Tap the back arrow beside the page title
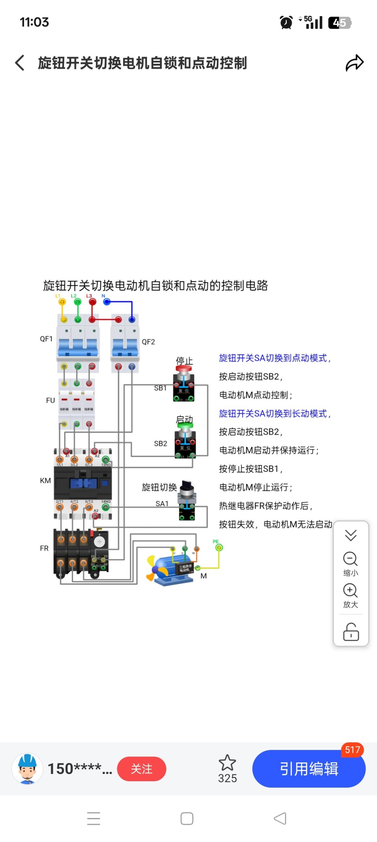(20, 62)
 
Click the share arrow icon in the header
(354, 63)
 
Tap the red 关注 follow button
(142, 769)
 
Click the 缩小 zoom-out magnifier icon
(350, 558)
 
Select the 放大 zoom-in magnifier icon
(350, 590)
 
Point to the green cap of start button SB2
(185, 425)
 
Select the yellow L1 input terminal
(62, 302)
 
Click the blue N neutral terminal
(107, 302)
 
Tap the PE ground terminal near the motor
(219, 547)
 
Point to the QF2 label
(148, 342)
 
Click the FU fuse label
(50, 400)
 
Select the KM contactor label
(45, 481)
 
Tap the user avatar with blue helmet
(27, 768)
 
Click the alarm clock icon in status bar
(286, 23)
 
